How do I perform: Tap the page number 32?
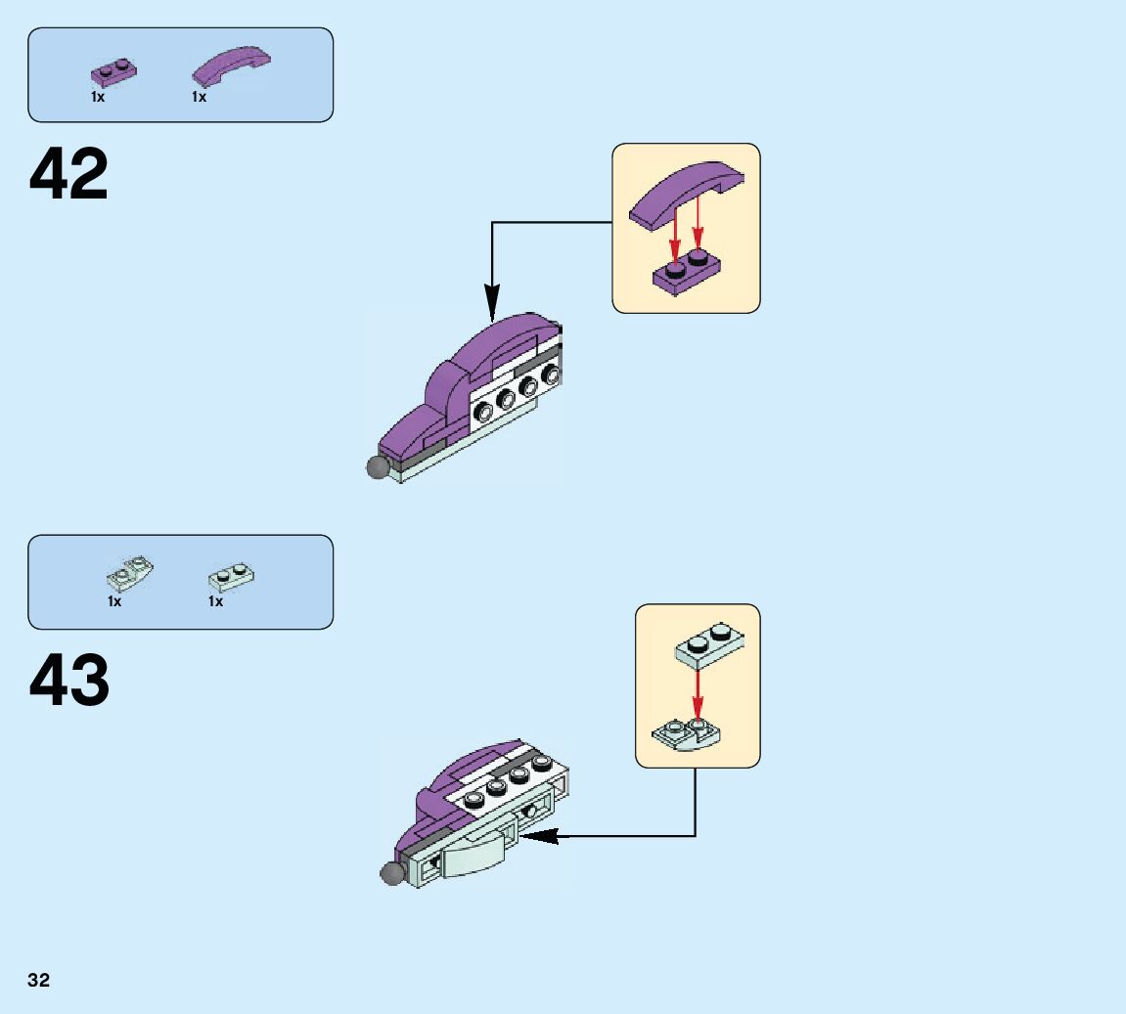tap(38, 981)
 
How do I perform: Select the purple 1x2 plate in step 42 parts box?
tap(114, 71)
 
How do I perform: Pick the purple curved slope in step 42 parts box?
tap(231, 66)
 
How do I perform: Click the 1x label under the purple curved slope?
tap(200, 97)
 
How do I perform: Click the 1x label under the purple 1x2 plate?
tap(98, 97)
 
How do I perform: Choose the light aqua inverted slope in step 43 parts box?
tap(129, 574)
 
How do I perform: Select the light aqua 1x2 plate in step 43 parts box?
tap(233, 575)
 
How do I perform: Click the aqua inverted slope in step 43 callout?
tap(688, 732)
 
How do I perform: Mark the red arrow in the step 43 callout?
tap(697, 694)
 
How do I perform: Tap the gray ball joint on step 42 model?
tap(378, 467)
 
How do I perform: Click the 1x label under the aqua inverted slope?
tap(114, 601)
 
